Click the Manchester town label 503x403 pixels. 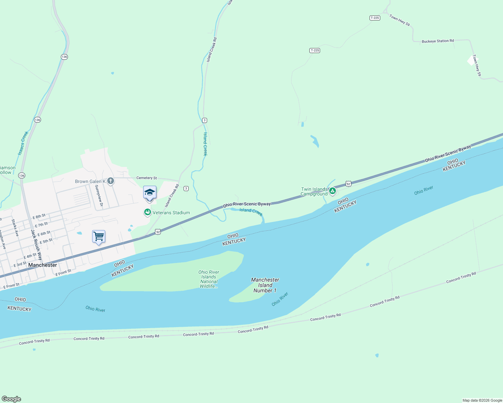[x=43, y=265]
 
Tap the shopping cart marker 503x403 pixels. [x=99, y=236]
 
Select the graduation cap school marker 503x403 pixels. [x=150, y=192]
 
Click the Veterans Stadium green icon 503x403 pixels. [x=147, y=212]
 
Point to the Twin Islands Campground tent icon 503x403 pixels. [x=333, y=191]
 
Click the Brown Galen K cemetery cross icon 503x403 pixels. [x=110, y=181]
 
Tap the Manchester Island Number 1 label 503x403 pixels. [x=265, y=285]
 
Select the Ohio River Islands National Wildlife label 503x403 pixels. [x=209, y=279]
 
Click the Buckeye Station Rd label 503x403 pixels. [x=438, y=41]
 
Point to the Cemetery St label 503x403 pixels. [x=147, y=178]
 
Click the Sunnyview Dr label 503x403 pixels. [x=99, y=195]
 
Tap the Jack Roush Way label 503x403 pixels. [x=36, y=245]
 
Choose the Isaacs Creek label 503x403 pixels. [x=23, y=143]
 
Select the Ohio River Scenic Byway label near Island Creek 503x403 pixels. [x=247, y=204]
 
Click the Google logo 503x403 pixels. [x=11, y=399]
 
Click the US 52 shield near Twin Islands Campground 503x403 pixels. [x=348, y=184]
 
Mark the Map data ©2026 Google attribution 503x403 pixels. [x=482, y=400]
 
